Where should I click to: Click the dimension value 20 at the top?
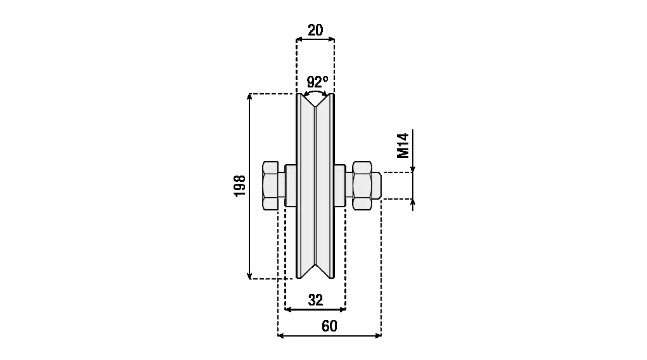pos(315,30)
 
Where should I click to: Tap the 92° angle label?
pos(317,81)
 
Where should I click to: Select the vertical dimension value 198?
pos(240,186)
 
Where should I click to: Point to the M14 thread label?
pos(403,146)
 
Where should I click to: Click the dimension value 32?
pos(315,300)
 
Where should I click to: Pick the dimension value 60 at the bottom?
pos(329,326)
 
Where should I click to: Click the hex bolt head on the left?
pos(270,186)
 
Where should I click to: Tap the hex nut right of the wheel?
pos(362,186)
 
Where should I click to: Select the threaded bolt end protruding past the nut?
pos(376,186)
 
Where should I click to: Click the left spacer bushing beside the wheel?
pos(291,186)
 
